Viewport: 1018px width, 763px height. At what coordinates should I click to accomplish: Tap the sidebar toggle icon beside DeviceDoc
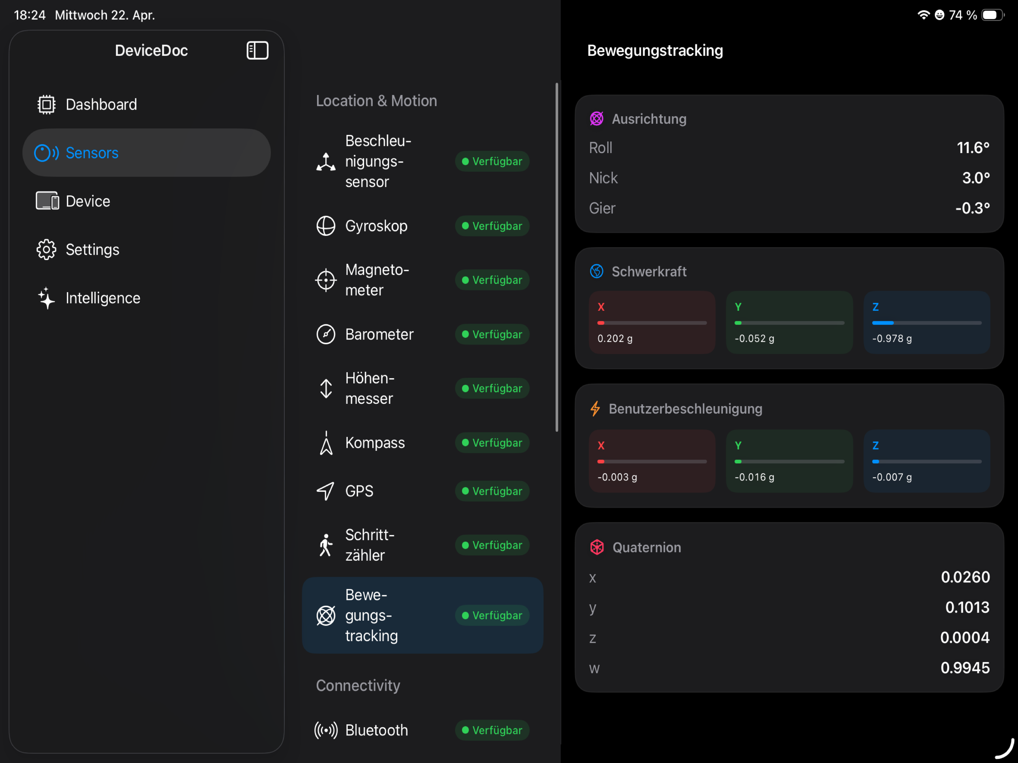click(257, 50)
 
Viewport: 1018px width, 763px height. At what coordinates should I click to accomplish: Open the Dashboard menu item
click(101, 104)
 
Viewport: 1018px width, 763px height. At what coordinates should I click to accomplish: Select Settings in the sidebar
click(92, 249)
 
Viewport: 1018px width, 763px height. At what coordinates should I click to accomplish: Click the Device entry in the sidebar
click(88, 201)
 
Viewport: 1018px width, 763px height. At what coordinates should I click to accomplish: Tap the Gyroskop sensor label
click(376, 226)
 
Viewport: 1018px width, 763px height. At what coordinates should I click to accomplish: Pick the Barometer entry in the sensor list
click(379, 334)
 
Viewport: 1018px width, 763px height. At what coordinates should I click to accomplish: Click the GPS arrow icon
click(325, 491)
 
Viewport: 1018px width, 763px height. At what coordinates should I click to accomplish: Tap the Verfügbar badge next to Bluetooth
click(492, 730)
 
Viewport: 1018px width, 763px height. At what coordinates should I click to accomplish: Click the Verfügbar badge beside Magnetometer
click(492, 280)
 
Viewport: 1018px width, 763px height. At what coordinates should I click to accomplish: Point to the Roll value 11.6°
click(973, 148)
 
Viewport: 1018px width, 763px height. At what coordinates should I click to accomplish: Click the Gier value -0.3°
click(973, 208)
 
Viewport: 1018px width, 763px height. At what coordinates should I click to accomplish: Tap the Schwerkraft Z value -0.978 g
click(892, 338)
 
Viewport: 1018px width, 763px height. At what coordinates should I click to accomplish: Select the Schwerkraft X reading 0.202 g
click(615, 338)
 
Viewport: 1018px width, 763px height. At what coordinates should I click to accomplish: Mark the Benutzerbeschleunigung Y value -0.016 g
click(754, 477)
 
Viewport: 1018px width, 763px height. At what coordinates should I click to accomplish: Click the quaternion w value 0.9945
click(965, 668)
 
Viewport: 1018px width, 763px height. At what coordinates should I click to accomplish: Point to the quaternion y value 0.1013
click(967, 607)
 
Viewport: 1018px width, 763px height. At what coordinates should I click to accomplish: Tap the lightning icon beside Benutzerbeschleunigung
click(595, 409)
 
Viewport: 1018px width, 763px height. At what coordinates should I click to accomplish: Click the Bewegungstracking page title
click(655, 50)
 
